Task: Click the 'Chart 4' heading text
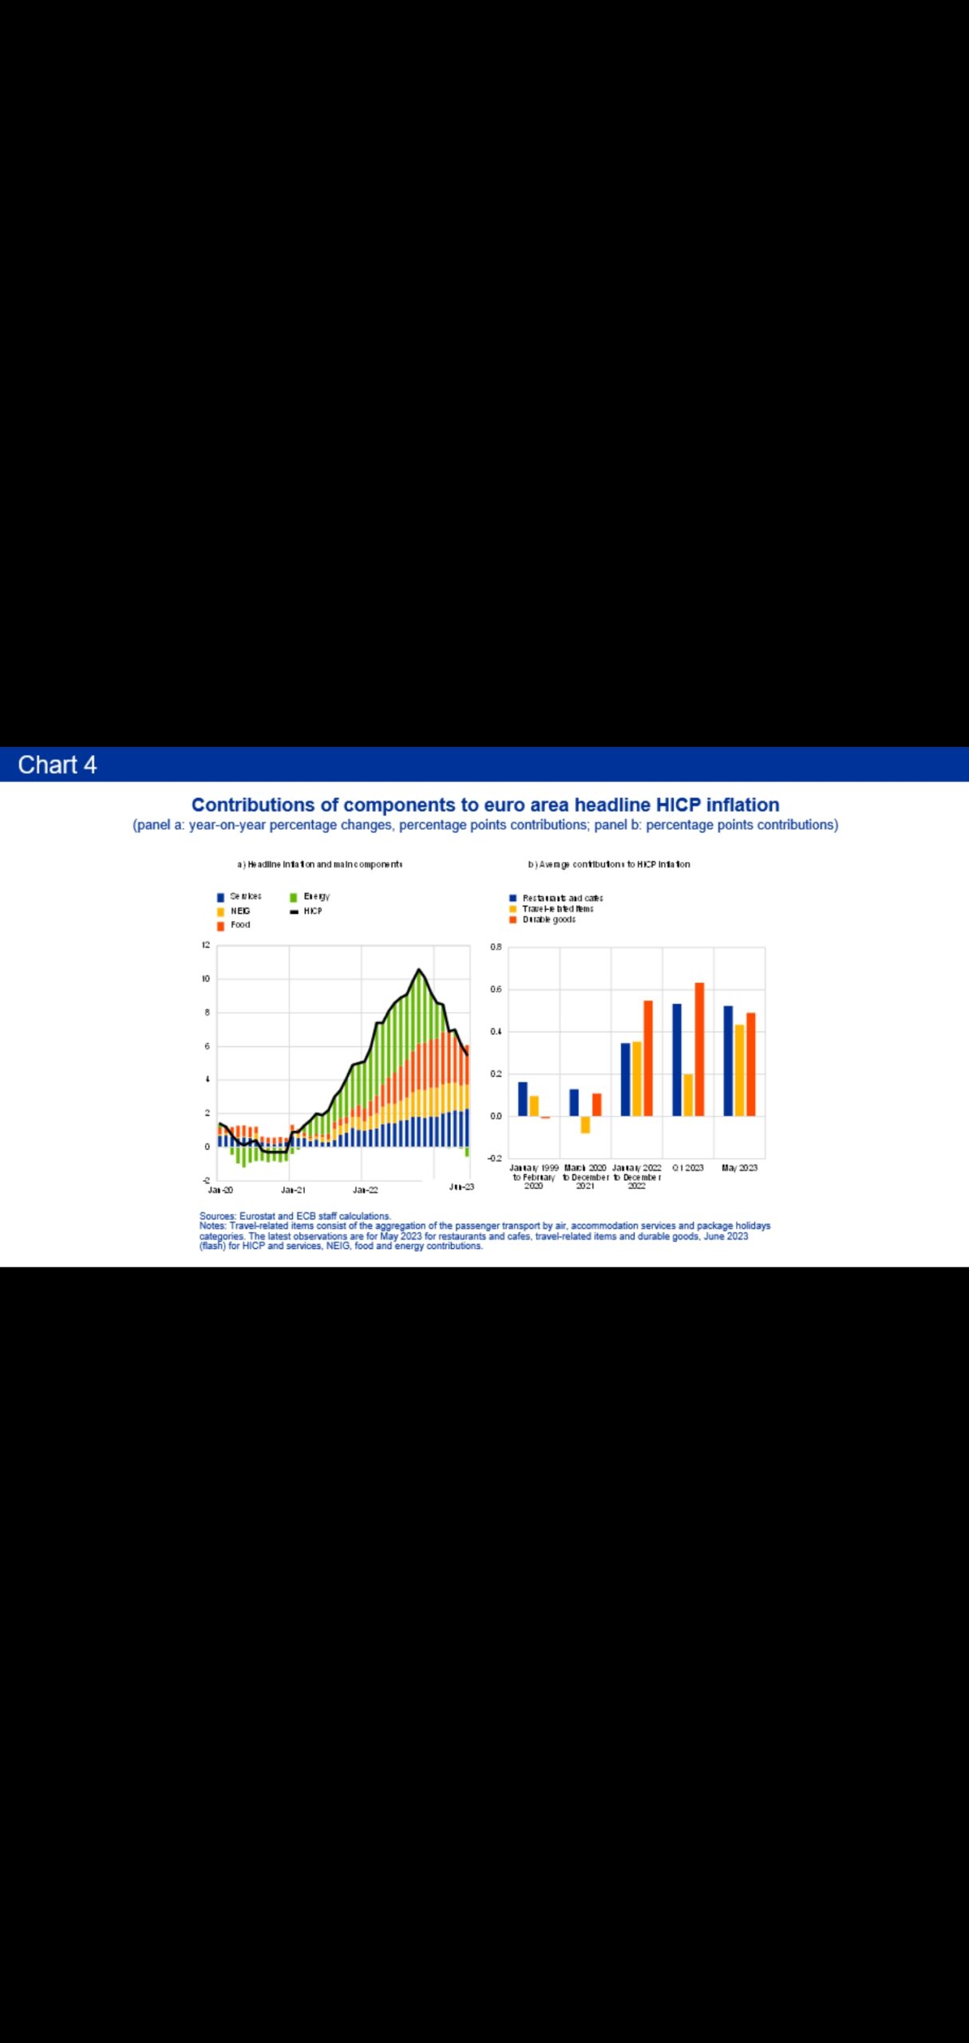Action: click(57, 765)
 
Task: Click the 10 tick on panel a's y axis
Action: click(206, 978)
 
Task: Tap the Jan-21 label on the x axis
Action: click(293, 1189)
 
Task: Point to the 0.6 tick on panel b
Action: click(496, 990)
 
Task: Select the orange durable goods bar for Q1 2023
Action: click(699, 1049)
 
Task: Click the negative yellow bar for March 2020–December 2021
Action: click(585, 1124)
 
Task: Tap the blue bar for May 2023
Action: click(728, 1061)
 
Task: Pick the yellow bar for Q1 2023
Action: click(688, 1095)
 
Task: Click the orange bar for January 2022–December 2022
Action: click(648, 1057)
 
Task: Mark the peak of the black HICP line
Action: click(418, 970)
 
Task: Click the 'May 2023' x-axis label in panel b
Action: click(739, 1168)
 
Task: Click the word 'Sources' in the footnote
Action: click(217, 1216)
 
